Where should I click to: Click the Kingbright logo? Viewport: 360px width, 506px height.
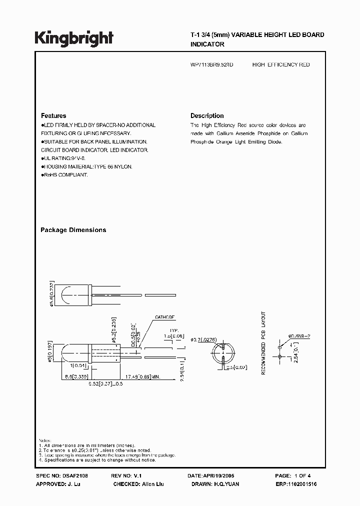pyautogui.click(x=74, y=38)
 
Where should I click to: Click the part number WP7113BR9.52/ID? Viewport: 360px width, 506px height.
pyautogui.click(x=211, y=65)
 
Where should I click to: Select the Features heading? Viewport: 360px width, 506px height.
pyautogui.click(x=53, y=115)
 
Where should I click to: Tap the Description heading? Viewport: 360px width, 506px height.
pyautogui.click(x=207, y=115)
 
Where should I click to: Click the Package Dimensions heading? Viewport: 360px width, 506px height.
pyautogui.click(x=73, y=230)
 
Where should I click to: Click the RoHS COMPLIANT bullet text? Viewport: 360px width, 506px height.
pyautogui.click(x=65, y=175)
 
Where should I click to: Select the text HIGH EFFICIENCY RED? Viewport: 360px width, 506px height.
pyautogui.click(x=281, y=65)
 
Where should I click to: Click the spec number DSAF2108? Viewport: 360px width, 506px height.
pyautogui.click(x=75, y=476)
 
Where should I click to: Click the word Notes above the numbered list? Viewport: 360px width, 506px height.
pyautogui.click(x=45, y=440)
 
